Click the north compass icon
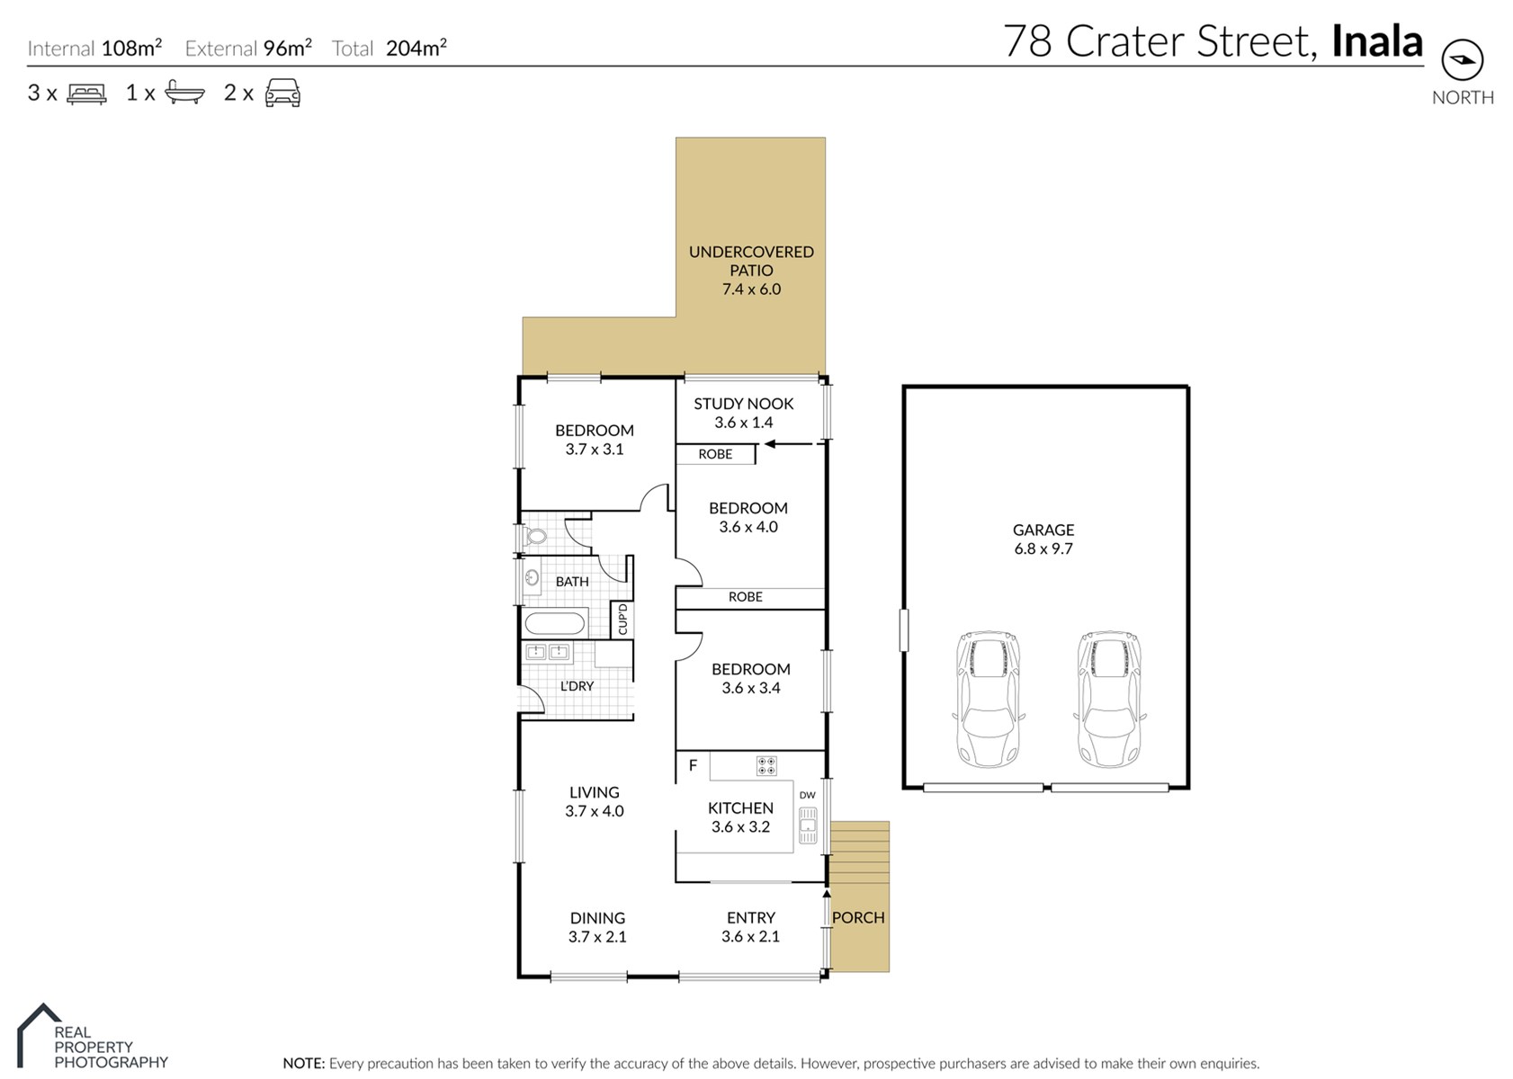pos(1463,60)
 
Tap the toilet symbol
pos(535,537)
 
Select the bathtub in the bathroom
pos(554,622)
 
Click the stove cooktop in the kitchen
pos(766,765)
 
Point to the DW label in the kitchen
pos(807,795)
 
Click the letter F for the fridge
pos(693,765)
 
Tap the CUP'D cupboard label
pos(622,620)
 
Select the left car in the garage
pos(988,699)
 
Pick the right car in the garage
pos(1109,699)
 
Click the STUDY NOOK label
pos(743,404)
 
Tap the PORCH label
pos(858,918)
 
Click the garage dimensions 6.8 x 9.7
pos(1043,548)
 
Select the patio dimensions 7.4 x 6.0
pos(751,289)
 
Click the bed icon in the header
pos(86,94)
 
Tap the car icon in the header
pos(283,93)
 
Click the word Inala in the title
pos(1377,41)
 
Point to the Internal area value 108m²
pos(131,48)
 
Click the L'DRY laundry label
pos(577,686)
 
